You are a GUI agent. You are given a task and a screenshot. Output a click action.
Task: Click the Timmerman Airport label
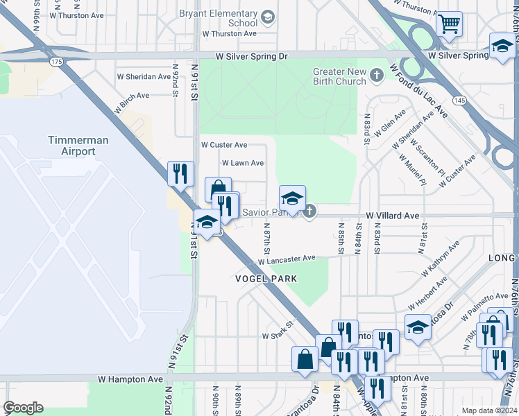coord(78,146)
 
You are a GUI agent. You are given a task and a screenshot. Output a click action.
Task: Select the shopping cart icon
coord(450,24)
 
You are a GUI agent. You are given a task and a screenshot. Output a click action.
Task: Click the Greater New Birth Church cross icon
coord(377,73)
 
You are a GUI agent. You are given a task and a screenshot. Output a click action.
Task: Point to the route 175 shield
coord(56,62)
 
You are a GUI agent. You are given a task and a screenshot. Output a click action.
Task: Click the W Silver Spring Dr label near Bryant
coord(241,55)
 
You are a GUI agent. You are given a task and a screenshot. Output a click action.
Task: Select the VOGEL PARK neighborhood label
coord(266,279)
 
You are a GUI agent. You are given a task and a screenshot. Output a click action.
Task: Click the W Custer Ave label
coord(223,145)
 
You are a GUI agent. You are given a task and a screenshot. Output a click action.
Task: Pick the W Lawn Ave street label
coord(242,163)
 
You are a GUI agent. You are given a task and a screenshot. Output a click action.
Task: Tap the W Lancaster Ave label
coord(287,260)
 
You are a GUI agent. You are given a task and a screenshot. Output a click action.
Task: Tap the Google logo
coord(23,408)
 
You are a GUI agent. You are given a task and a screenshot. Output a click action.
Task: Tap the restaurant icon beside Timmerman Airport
coord(180,173)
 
